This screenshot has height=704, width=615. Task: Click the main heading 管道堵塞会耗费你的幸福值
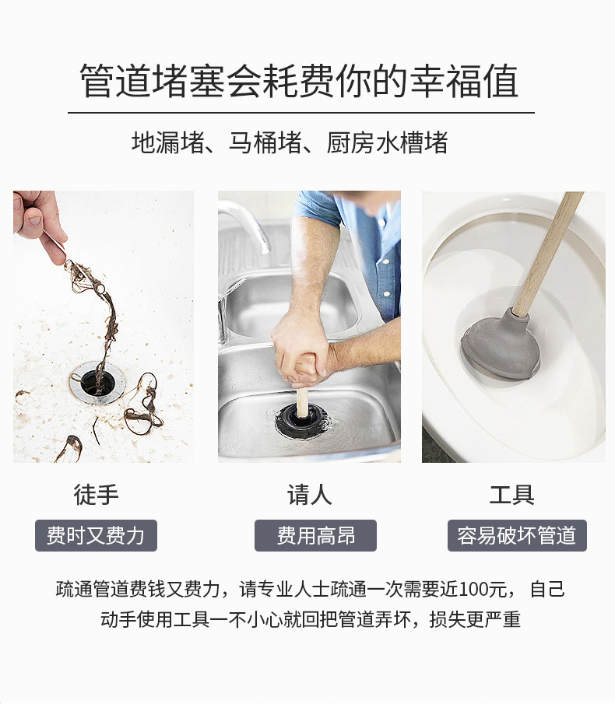point(299,81)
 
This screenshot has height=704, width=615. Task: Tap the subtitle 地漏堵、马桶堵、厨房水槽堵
point(290,143)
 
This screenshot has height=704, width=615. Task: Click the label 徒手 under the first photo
point(96,495)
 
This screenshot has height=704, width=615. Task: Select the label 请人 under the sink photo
point(310,495)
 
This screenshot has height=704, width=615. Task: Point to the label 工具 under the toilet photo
point(511,495)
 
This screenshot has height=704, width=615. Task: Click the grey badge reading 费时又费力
point(96,535)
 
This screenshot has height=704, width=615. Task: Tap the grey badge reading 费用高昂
point(315,535)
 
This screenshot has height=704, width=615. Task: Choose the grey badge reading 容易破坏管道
point(517,535)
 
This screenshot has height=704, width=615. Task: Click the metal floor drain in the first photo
point(98,383)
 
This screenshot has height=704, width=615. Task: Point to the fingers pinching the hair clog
point(43,229)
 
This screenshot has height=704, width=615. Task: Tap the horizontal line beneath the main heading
point(301,112)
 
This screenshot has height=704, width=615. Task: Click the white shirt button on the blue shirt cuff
point(386,294)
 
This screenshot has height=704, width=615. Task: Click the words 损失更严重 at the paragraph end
point(475,619)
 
